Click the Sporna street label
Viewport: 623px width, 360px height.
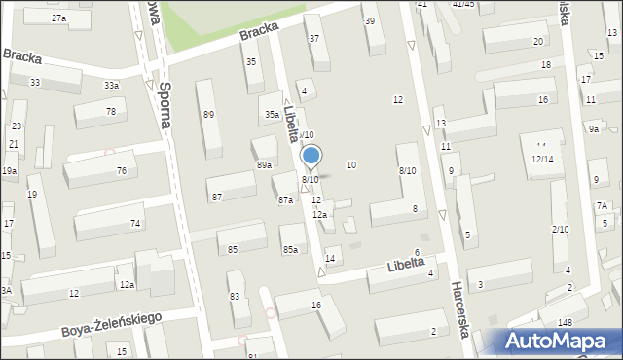click(165, 105)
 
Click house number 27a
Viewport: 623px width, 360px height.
click(59, 18)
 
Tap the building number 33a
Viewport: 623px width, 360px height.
click(112, 86)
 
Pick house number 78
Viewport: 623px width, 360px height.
click(111, 111)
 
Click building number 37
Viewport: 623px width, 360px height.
click(313, 39)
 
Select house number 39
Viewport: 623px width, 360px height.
click(368, 21)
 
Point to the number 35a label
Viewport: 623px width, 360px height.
click(272, 115)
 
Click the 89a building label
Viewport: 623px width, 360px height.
click(264, 165)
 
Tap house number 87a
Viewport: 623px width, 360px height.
click(285, 200)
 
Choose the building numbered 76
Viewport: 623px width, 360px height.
click(122, 171)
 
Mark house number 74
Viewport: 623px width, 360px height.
click(135, 224)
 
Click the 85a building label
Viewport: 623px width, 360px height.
click(290, 250)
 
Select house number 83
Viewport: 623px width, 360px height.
click(234, 297)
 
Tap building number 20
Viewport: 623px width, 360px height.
click(537, 41)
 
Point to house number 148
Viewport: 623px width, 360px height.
click(566, 322)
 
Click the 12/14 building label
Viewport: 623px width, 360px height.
click(542, 159)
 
